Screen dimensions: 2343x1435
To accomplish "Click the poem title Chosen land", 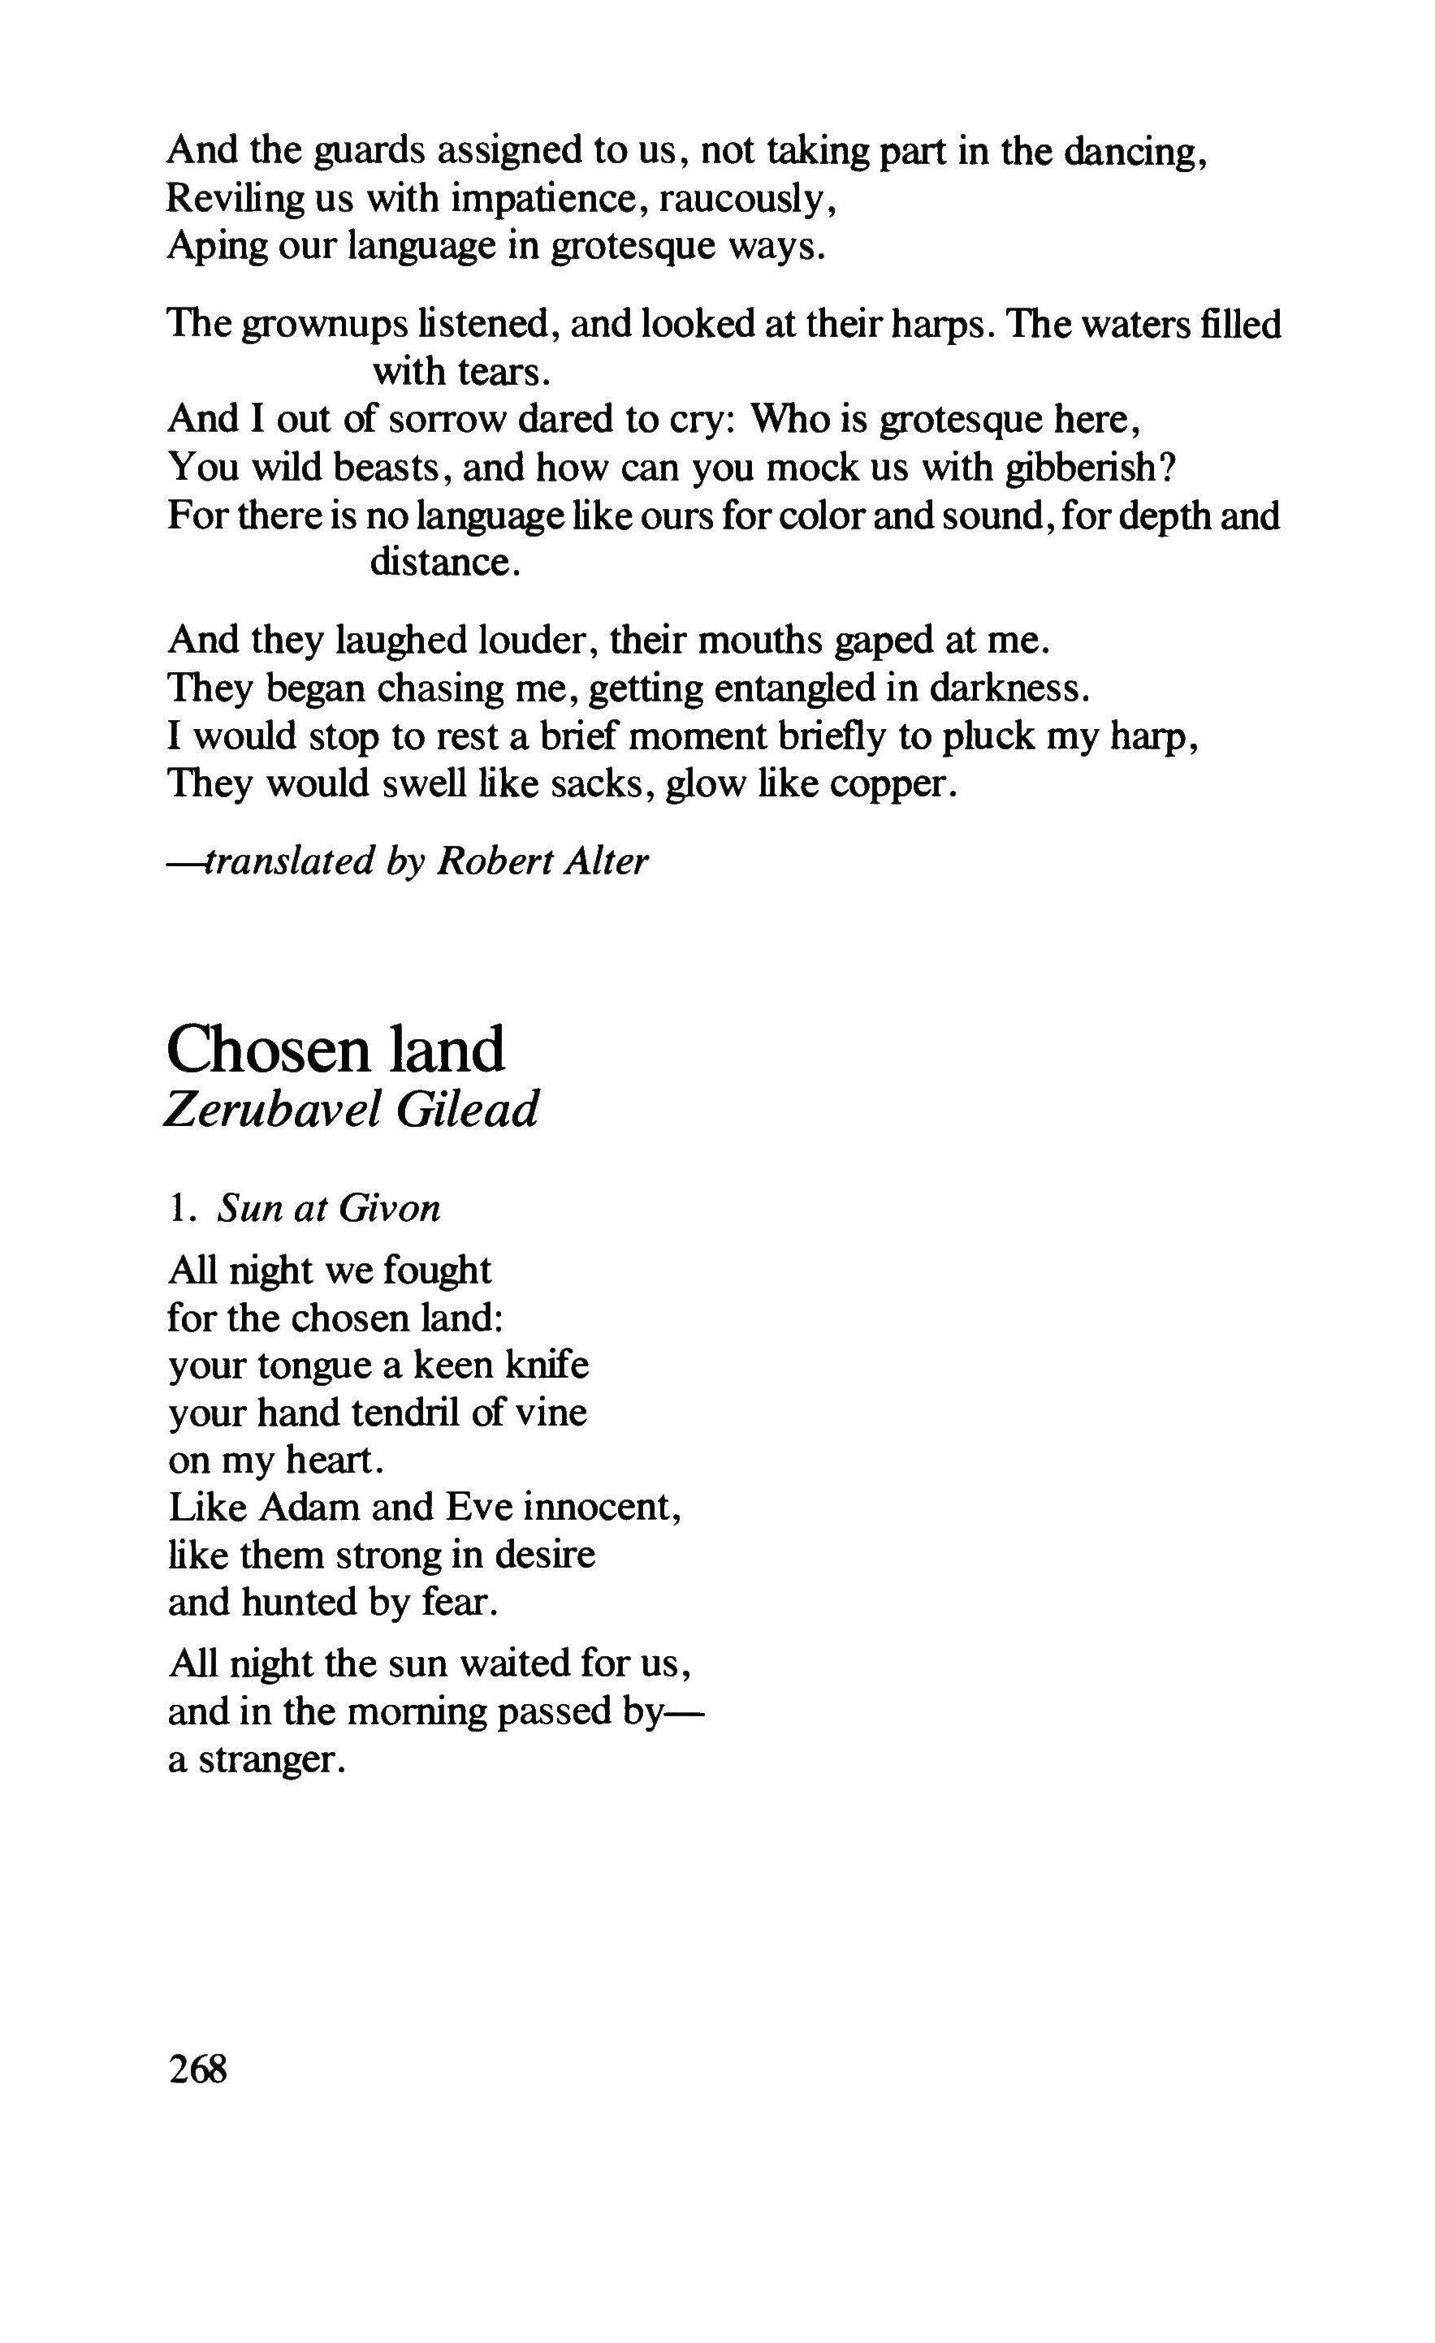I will coord(335,1051).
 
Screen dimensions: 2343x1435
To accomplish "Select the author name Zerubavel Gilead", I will coord(351,1110).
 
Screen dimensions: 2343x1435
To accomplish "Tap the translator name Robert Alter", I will coord(542,861).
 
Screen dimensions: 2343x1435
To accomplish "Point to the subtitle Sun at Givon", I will coord(329,1209).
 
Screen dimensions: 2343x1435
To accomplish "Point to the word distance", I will coord(444,562).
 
